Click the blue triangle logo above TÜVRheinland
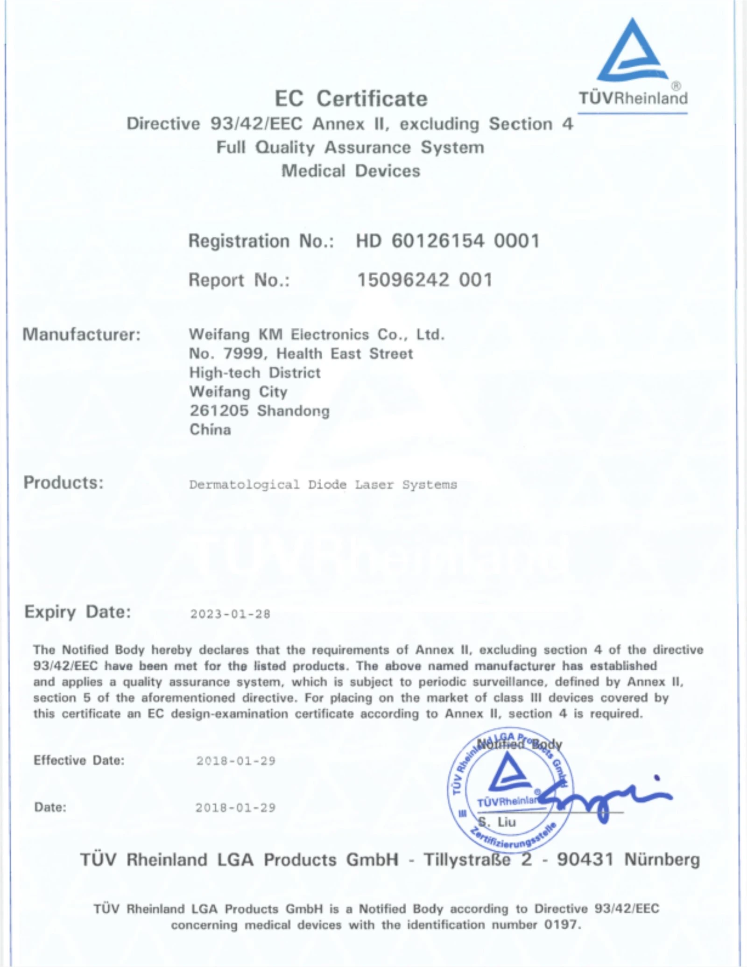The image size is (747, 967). coord(632,51)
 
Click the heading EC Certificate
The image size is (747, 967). coord(351,99)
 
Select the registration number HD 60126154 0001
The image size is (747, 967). coord(447,241)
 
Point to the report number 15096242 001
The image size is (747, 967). coord(424,280)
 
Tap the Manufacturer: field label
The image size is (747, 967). coord(81,334)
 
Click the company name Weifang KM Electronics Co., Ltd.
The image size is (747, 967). coord(316,334)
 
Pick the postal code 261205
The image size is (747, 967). coord(219,411)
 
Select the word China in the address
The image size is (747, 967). coord(210,430)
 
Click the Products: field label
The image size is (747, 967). coord(63,483)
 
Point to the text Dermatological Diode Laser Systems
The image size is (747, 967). coord(323,485)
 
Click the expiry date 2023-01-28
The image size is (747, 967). coord(230,614)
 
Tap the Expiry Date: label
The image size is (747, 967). coord(78,612)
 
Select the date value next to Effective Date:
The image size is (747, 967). coord(236,761)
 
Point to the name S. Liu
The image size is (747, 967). coord(497,822)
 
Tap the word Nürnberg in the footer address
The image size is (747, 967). coord(662,860)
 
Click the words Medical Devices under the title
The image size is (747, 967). coord(351,171)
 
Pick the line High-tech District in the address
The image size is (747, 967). coord(255,373)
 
